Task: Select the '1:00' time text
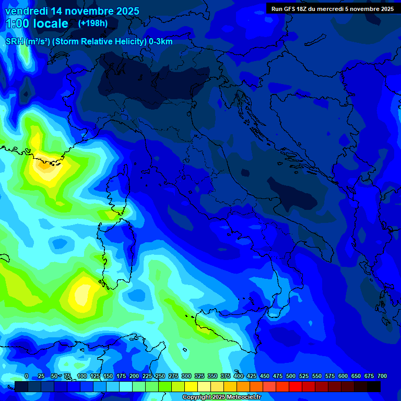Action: [18, 23]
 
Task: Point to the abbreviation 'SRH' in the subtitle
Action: [14, 42]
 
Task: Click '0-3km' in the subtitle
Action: [161, 42]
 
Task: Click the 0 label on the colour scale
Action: [27, 376]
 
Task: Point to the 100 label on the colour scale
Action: [82, 376]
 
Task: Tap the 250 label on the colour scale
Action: [160, 376]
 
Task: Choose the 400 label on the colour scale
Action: [239, 376]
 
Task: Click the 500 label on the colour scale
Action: [291, 376]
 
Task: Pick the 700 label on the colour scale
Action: [382, 376]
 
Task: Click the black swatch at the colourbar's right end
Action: [374, 386]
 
